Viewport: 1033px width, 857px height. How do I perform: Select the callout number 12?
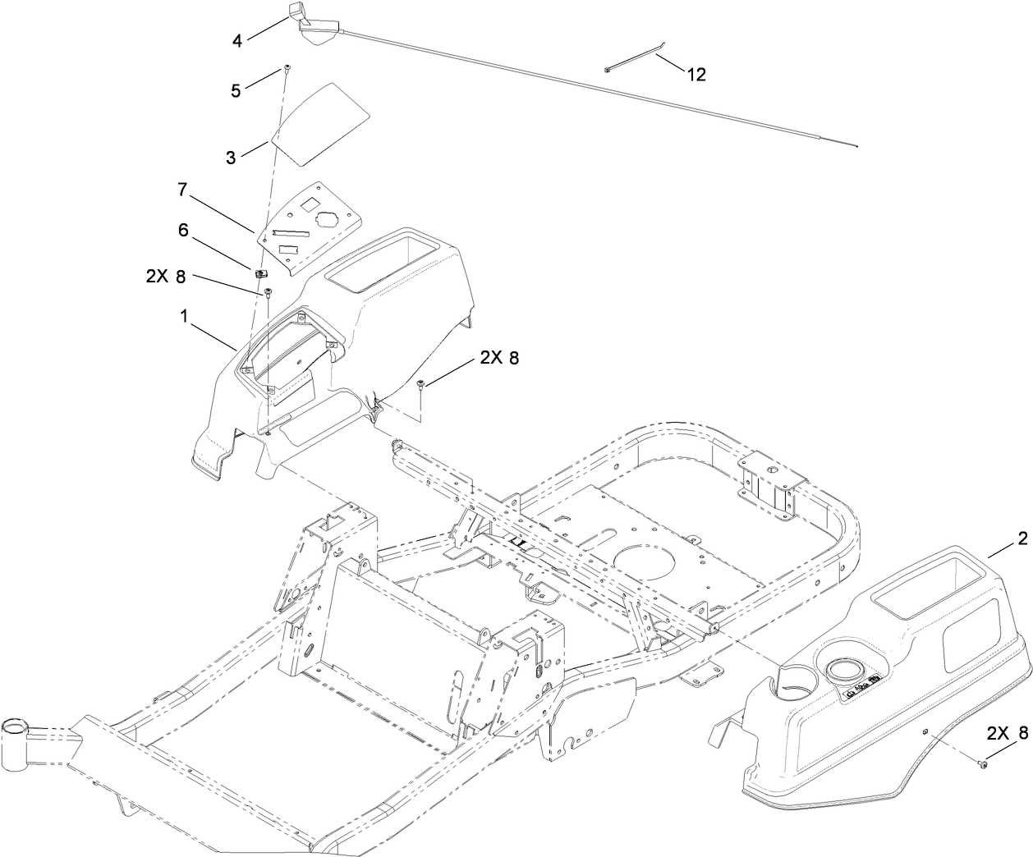tap(696, 75)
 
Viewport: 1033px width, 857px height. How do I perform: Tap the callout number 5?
tap(236, 90)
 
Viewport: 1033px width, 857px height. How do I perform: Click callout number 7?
tap(181, 190)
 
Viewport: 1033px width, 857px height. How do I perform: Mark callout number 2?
tap(1022, 539)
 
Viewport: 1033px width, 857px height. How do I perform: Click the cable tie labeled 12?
tap(636, 61)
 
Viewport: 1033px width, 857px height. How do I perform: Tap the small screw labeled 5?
tap(287, 67)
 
